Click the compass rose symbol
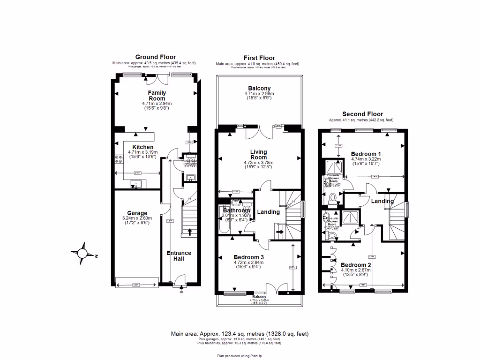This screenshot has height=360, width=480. (x=82, y=253)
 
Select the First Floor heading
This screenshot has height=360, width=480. (x=259, y=58)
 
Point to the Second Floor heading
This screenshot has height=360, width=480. (x=362, y=114)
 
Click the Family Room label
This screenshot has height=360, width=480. (x=157, y=96)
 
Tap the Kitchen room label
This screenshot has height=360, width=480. (x=143, y=147)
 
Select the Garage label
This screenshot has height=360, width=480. (x=137, y=213)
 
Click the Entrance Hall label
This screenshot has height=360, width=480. (x=179, y=256)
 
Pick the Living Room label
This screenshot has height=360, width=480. (x=258, y=155)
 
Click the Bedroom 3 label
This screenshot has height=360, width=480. (x=250, y=257)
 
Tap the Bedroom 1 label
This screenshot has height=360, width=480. (x=366, y=154)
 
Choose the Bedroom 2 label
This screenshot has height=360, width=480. (x=356, y=264)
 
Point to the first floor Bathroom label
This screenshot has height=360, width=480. (x=237, y=211)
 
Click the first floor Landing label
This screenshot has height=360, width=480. (x=268, y=212)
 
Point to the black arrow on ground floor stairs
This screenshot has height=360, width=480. (x=190, y=232)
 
